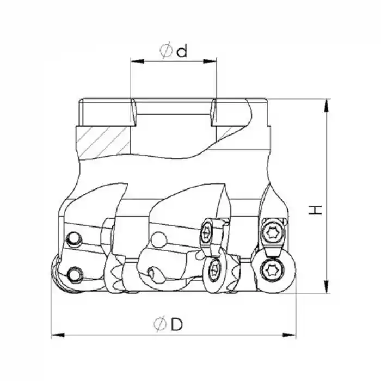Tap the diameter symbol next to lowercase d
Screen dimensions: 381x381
[x=167, y=51]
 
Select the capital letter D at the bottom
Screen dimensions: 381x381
[x=175, y=324]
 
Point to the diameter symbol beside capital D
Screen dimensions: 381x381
[x=159, y=324]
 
